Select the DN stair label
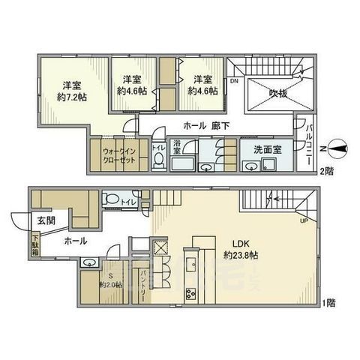point(234,80)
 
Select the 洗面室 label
point(267,148)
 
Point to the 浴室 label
point(178,148)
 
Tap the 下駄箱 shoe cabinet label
point(35,246)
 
